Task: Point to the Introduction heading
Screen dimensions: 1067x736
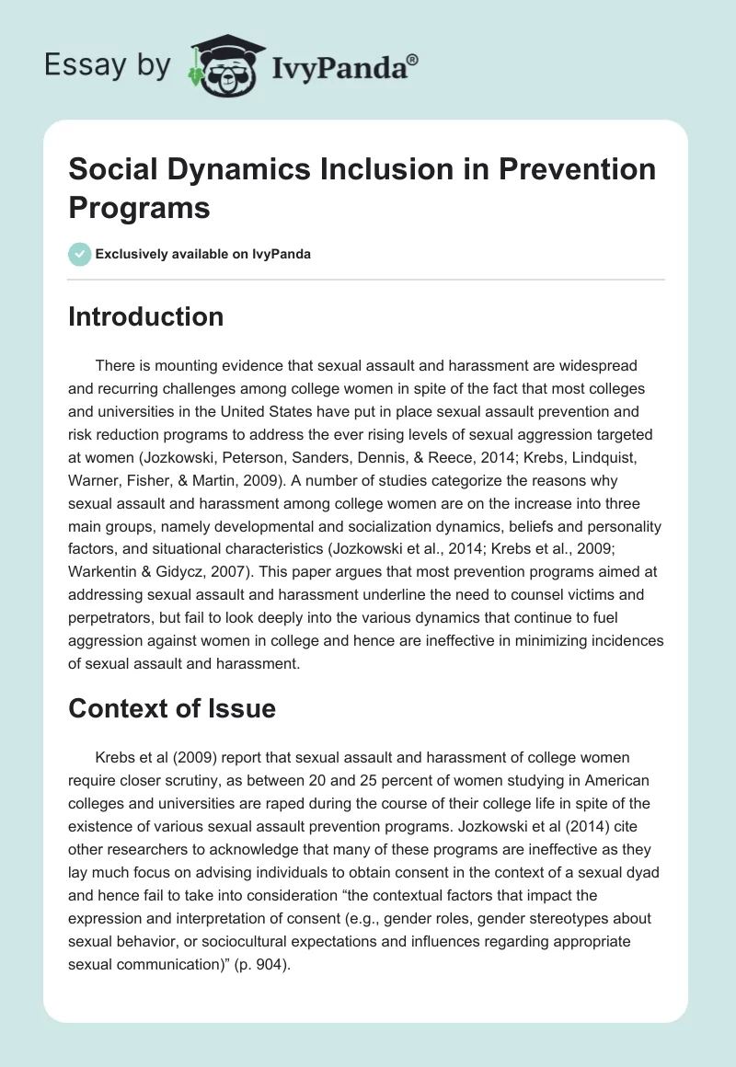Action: (146, 316)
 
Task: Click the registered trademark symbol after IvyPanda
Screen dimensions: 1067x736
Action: (413, 57)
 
